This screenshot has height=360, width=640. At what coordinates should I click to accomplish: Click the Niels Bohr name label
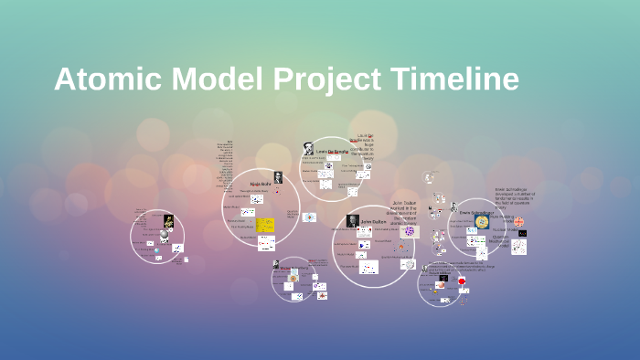[x=261, y=184]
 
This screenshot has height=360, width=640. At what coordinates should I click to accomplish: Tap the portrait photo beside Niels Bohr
[x=278, y=177]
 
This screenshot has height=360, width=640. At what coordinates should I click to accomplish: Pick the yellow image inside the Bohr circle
[x=265, y=225]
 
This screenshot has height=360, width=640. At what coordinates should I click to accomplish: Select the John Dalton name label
[x=373, y=221]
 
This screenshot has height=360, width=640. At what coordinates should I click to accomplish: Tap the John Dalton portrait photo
[x=352, y=221]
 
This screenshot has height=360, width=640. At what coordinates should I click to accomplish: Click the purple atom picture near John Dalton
[x=408, y=232]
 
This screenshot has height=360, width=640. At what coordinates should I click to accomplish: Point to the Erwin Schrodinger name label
[x=477, y=213]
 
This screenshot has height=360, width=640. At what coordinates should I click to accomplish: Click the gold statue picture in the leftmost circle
[x=169, y=221]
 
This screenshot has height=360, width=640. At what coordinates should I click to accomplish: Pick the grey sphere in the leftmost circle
[x=164, y=236]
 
